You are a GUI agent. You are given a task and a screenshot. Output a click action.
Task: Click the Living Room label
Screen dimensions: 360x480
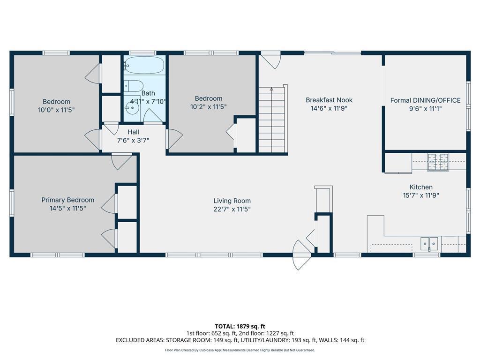(x=232, y=201)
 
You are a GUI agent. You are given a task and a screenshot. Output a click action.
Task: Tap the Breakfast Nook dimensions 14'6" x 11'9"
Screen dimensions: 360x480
(x=329, y=108)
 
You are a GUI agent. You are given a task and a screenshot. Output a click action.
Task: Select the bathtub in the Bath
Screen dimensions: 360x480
(x=145, y=66)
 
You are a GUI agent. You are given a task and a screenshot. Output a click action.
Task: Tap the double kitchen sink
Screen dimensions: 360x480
(x=429, y=243)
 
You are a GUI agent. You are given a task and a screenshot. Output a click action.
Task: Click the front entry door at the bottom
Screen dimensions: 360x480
(x=302, y=255)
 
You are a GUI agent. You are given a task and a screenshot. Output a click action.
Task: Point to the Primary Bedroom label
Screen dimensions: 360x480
(x=67, y=200)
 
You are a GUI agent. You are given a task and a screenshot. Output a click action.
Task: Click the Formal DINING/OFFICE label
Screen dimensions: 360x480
(x=426, y=100)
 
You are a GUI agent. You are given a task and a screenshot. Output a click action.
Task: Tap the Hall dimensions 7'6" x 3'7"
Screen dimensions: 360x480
(x=133, y=140)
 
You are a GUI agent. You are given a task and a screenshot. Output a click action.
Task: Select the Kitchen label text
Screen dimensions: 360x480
(x=421, y=187)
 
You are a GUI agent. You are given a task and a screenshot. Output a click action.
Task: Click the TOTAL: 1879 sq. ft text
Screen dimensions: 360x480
(x=240, y=326)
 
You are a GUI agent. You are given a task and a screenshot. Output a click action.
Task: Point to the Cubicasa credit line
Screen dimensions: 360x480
(x=240, y=350)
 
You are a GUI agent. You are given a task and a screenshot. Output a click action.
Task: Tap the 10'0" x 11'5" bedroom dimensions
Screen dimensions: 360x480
(x=56, y=110)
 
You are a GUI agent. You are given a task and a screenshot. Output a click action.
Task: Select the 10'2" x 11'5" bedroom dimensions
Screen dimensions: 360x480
(x=209, y=106)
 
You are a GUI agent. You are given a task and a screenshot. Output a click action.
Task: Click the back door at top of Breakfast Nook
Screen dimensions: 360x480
(x=270, y=60)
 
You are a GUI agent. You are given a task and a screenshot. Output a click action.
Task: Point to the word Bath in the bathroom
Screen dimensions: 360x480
(x=148, y=93)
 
